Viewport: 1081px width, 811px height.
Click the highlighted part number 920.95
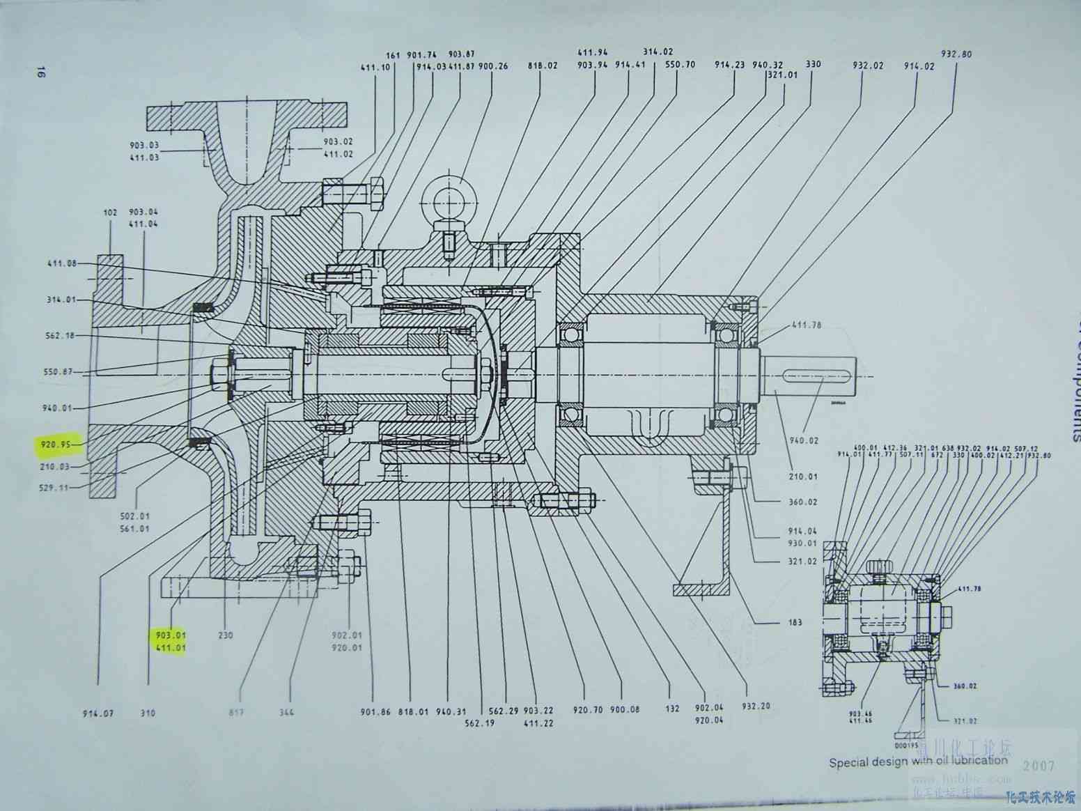(x=56, y=443)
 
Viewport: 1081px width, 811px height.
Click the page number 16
(x=40, y=72)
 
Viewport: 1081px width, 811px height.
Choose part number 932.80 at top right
(x=956, y=54)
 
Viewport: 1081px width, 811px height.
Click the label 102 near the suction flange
(x=110, y=212)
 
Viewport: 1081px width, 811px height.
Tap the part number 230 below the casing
(x=225, y=635)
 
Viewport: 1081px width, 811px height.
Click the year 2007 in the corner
(x=1039, y=766)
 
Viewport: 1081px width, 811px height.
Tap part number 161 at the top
(x=394, y=55)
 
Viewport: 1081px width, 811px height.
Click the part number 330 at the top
(x=813, y=64)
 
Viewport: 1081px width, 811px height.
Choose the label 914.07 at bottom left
(x=98, y=713)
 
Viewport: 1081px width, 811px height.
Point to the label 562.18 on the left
(x=61, y=336)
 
